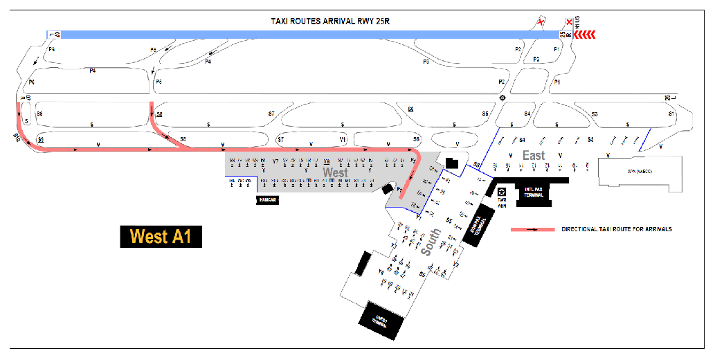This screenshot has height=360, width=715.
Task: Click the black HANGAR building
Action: pyautogui.click(x=267, y=199)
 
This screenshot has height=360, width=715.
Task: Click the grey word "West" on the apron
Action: pyautogui.click(x=335, y=172)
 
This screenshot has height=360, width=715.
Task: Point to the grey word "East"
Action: pyautogui.click(x=534, y=155)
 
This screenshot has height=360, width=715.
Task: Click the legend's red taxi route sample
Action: pyautogui.click(x=532, y=229)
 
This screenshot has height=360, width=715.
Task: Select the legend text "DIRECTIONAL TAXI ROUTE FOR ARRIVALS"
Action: pyautogui.click(x=617, y=229)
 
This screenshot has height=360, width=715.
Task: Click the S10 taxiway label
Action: pyautogui.click(x=16, y=138)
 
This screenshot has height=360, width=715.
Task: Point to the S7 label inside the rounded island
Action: pyautogui.click(x=271, y=113)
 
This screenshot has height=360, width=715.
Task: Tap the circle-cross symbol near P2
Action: pyautogui.click(x=503, y=98)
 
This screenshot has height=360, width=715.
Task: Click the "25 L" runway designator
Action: pyautogui.click(x=668, y=98)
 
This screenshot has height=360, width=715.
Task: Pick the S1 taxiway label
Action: pyautogui.click(x=670, y=113)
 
